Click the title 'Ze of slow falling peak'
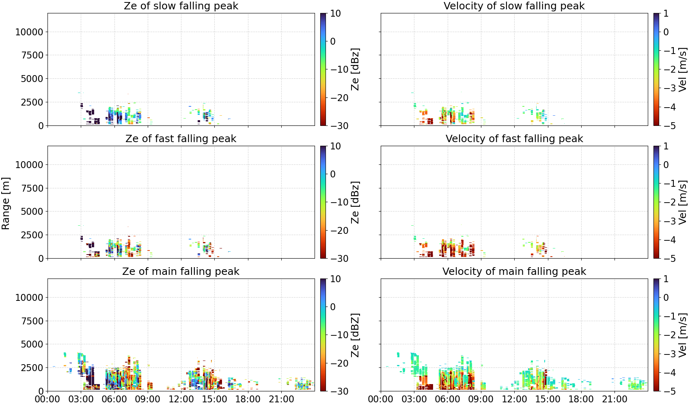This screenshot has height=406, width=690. tap(181, 6)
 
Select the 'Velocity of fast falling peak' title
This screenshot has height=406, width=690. tap(514, 138)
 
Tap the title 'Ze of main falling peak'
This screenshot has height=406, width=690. tap(181, 271)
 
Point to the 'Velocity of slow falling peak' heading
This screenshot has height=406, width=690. tap(514, 6)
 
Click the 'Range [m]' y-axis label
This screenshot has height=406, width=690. tap(6, 203)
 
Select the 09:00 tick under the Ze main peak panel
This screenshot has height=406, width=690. tap(148, 399)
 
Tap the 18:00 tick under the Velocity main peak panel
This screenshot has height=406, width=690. tap(581, 399)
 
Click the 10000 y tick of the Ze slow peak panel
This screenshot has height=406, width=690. tap(29, 32)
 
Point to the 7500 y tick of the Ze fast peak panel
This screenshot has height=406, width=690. tap(32, 188)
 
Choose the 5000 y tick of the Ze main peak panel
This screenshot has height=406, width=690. tap(32, 344)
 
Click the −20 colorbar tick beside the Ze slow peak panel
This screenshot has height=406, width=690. tap(339, 98)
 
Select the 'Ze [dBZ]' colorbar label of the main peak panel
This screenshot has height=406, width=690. tap(355, 335)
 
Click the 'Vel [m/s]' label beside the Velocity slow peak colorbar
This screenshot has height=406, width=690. tap(683, 69)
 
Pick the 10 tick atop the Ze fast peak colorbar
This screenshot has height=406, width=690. tap(336, 146)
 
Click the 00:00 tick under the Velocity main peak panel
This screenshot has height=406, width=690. tap(381, 399)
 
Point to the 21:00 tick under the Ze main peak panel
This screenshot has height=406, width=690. tap(281, 399)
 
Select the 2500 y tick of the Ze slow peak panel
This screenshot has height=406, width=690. tap(32, 102)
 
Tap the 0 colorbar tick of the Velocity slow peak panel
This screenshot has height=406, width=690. tap(666, 32)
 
